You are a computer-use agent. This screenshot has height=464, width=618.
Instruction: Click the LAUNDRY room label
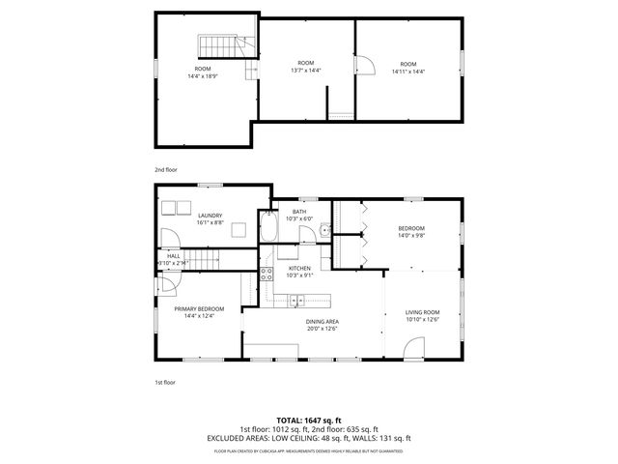210,216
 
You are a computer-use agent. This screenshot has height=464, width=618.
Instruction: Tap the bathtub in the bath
267,229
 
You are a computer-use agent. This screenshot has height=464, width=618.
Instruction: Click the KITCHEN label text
299,268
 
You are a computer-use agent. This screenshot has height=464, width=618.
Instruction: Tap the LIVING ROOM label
422,312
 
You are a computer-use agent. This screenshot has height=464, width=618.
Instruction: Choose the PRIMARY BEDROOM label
193,309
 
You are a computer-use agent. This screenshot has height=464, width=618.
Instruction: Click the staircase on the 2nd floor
217,46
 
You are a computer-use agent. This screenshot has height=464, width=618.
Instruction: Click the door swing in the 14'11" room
365,66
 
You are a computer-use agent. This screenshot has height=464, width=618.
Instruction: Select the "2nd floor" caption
166,169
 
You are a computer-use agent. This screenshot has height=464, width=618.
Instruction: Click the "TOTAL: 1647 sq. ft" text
308,420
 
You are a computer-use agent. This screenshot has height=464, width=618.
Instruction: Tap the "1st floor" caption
165,382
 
